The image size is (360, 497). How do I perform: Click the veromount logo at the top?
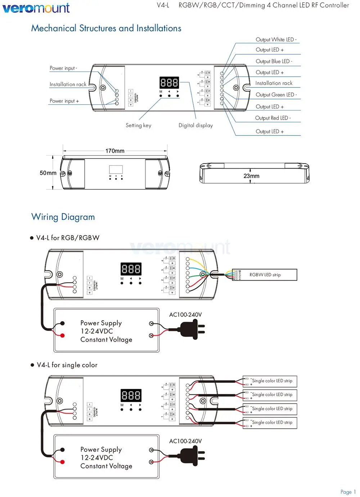click(36, 8)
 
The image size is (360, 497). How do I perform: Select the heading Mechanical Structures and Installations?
click(106, 28)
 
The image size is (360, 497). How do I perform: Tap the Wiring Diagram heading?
click(63, 217)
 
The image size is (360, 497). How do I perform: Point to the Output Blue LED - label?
click(274, 61)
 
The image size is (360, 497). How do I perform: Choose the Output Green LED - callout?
click(276, 95)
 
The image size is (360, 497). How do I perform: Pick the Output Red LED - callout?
click(273, 118)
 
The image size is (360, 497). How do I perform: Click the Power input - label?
click(63, 68)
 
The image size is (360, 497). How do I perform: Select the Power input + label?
click(64, 101)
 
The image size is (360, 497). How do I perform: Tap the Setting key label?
click(138, 125)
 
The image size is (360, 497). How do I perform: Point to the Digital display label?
click(195, 125)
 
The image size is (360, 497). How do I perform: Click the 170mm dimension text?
click(115, 151)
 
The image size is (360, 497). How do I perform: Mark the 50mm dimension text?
click(48, 173)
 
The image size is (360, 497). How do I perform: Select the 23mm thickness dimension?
click(251, 176)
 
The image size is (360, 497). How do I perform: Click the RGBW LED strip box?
click(265, 275)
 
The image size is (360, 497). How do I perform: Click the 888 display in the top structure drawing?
click(169, 83)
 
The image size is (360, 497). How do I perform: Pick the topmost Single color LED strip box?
click(270, 381)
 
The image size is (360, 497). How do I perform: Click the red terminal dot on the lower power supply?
click(62, 462)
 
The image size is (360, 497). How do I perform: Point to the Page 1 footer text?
click(348, 492)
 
